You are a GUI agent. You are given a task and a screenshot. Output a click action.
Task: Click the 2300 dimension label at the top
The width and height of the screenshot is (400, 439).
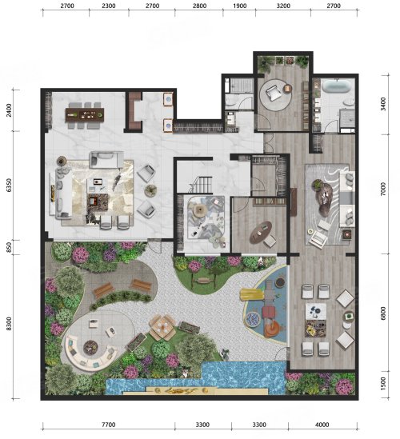coord(109,6)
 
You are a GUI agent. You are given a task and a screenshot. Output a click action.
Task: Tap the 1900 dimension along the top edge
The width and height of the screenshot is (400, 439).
coord(240,6)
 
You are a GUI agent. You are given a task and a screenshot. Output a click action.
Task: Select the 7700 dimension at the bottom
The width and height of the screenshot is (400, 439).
coord(109,425)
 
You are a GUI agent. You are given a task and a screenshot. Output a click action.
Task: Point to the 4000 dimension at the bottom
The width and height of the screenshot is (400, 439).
coord(322,425)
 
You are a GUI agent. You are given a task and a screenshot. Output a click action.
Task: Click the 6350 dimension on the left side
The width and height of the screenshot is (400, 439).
coord(10,186)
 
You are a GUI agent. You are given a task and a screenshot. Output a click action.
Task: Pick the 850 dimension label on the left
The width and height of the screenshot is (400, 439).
coord(10,248)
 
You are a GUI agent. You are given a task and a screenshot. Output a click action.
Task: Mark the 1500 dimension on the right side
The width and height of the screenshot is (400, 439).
coord(383,383)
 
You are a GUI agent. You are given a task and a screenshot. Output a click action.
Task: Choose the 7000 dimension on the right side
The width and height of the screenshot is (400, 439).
coord(383,189)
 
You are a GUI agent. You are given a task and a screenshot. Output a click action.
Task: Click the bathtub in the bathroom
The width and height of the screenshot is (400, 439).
coord(336,86)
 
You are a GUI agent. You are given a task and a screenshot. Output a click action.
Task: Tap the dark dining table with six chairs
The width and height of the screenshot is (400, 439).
coord(85,115)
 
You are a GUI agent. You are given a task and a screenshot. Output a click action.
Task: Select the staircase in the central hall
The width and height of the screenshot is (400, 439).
coord(201,184)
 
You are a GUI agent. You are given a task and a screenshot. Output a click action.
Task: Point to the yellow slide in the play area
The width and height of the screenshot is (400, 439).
coord(252,295)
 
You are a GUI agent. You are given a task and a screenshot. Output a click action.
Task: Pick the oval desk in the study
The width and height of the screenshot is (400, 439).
coord(261,233)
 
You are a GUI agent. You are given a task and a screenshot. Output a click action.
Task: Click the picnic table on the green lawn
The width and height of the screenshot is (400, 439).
coord(204,280)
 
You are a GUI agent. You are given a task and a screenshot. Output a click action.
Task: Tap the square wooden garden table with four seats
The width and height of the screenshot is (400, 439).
coord(162,327)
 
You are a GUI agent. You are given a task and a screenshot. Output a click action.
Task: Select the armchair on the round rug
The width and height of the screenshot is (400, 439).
coord(273,92)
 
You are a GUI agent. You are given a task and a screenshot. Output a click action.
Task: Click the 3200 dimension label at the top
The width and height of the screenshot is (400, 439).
coord(283,6)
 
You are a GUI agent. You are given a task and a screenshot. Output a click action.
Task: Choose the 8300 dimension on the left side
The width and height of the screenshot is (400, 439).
coord(10,324)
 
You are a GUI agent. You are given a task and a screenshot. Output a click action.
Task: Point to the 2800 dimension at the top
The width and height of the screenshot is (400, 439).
coord(199,6)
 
